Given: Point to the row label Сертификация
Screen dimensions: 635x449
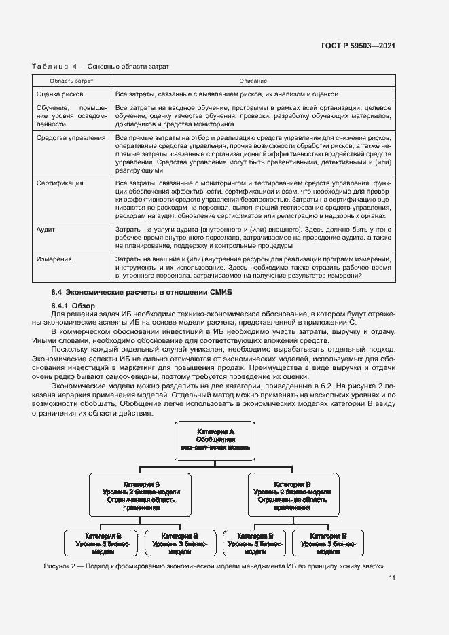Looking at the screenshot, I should [x=60, y=183].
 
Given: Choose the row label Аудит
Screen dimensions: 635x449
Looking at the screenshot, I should [x=46, y=230].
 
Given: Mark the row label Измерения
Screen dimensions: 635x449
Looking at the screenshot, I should [x=54, y=259].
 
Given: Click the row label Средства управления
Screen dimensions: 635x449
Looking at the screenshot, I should [x=71, y=138].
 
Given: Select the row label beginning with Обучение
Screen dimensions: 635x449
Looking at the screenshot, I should [x=71, y=116].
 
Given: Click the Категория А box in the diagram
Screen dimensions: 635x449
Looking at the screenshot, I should [x=215, y=439].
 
